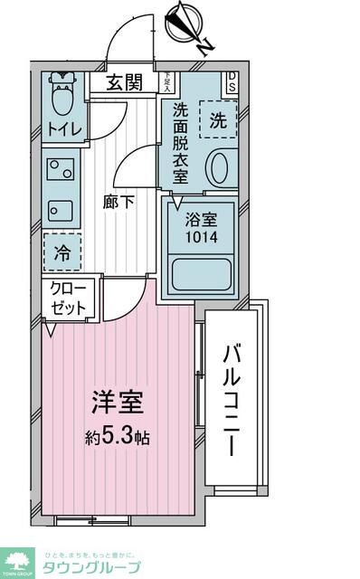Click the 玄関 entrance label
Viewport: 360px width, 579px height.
125,83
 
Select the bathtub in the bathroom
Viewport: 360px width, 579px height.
202,272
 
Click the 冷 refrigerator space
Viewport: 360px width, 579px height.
62,251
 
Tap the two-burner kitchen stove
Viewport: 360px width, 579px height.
62,170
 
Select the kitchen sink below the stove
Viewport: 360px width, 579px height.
62,210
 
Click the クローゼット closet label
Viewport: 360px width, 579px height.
70,299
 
